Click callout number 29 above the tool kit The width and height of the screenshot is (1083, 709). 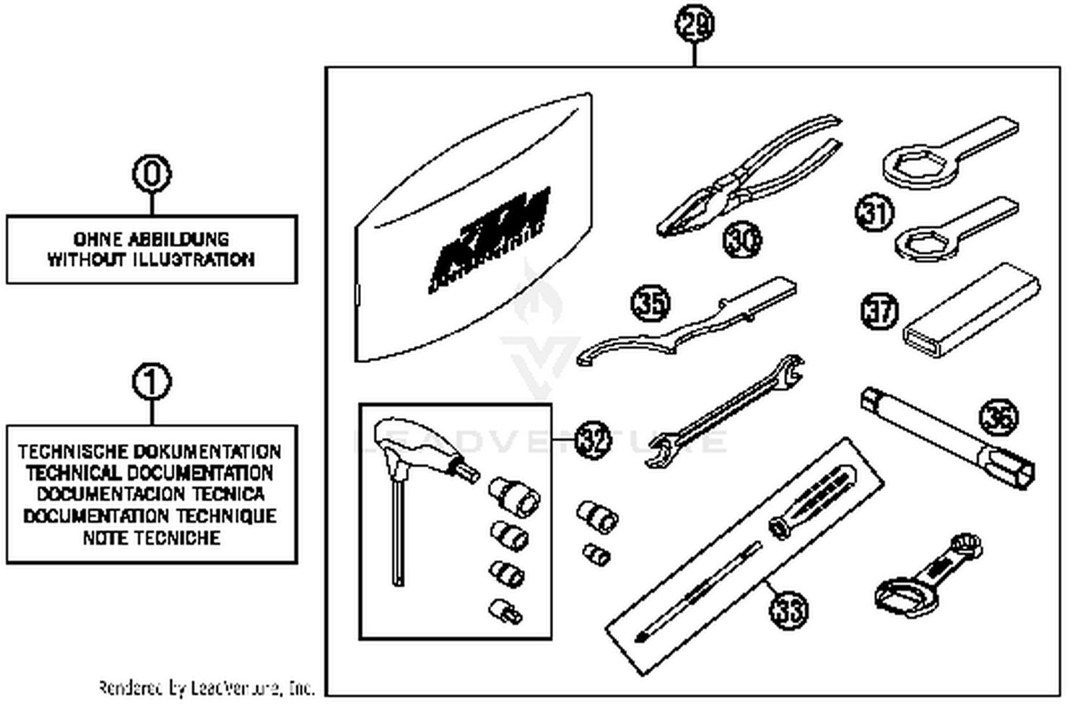coord(695,25)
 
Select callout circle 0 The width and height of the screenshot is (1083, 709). coord(152,174)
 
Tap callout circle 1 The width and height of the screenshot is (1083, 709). coord(152,382)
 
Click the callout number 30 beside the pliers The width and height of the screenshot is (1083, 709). coord(742,239)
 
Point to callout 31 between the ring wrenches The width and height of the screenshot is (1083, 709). coord(874,213)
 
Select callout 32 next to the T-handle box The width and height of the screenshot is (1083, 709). coord(593,440)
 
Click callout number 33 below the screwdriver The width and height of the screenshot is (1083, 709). coord(788,610)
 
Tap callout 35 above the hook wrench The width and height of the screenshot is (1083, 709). coord(651,303)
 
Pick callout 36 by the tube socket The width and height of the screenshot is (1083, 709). coord(999,417)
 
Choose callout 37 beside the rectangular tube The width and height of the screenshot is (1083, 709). coord(880,311)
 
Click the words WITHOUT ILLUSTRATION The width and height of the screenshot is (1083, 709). coord(151,259)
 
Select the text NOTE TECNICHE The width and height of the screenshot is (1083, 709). coord(151,538)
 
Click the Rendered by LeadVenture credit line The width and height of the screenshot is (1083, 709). coord(206,687)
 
